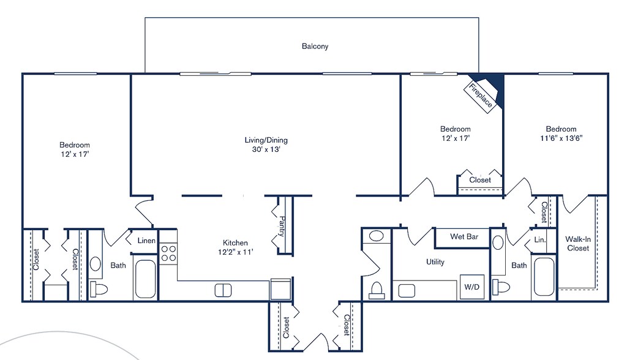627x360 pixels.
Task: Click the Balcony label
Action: (315, 47)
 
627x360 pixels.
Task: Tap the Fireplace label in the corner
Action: (480, 95)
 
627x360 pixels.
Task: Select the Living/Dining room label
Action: (266, 140)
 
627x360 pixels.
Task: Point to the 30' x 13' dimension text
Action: (266, 149)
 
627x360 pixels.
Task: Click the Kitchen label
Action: (235, 242)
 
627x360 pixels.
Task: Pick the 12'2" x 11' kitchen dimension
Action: (236, 252)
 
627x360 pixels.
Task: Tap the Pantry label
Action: (282, 227)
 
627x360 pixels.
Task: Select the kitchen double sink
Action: (223, 290)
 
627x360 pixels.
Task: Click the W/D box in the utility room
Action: (472, 287)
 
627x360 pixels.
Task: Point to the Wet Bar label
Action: (464, 236)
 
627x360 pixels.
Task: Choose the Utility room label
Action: (435, 262)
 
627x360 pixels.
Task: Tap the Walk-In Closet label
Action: (578, 244)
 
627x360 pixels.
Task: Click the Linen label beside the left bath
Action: (146, 241)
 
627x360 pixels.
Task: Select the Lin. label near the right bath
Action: (540, 239)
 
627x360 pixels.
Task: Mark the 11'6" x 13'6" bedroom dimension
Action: (561, 138)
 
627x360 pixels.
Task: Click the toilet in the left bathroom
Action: (99, 288)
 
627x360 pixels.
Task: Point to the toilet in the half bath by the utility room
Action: (377, 290)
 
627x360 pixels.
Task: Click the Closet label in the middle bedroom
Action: (480, 180)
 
